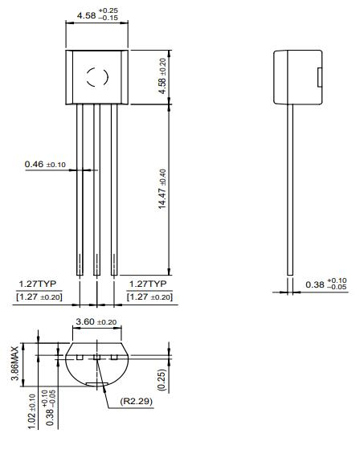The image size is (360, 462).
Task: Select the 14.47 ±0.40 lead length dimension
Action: point(162,190)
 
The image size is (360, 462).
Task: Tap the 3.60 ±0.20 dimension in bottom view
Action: point(96,322)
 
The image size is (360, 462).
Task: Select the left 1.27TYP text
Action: point(36,284)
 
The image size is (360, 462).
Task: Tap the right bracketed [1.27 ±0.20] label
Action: point(149,297)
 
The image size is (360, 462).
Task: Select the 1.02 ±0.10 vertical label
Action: point(32,411)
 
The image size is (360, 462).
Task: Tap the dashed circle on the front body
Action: point(96,77)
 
